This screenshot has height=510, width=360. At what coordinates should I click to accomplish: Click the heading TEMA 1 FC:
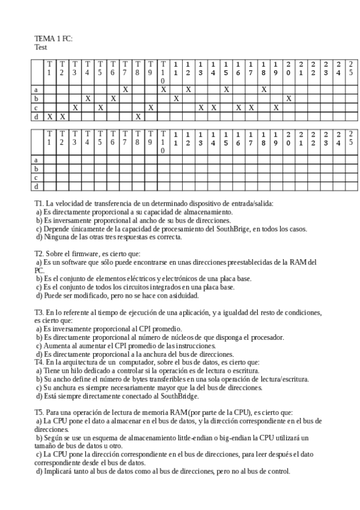[53, 38]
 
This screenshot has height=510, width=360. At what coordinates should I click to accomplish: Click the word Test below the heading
[40, 47]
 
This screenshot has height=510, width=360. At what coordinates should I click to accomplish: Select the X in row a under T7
[125, 89]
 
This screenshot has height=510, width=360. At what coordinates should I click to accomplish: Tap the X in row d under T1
[49, 116]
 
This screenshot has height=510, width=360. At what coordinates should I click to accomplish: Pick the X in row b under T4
[87, 98]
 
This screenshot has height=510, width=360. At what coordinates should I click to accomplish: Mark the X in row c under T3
[75, 107]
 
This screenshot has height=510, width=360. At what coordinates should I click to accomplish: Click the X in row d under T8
[138, 116]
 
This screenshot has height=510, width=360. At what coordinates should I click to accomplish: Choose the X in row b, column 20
[288, 98]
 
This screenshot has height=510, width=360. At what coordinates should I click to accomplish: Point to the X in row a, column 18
[263, 89]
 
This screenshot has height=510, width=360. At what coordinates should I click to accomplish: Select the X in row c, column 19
[276, 107]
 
